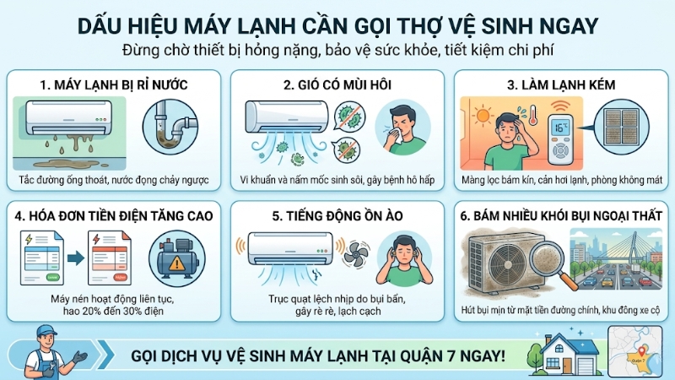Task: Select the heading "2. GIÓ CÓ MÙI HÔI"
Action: pos(337,85)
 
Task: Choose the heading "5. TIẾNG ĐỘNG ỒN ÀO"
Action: pos(337,217)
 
